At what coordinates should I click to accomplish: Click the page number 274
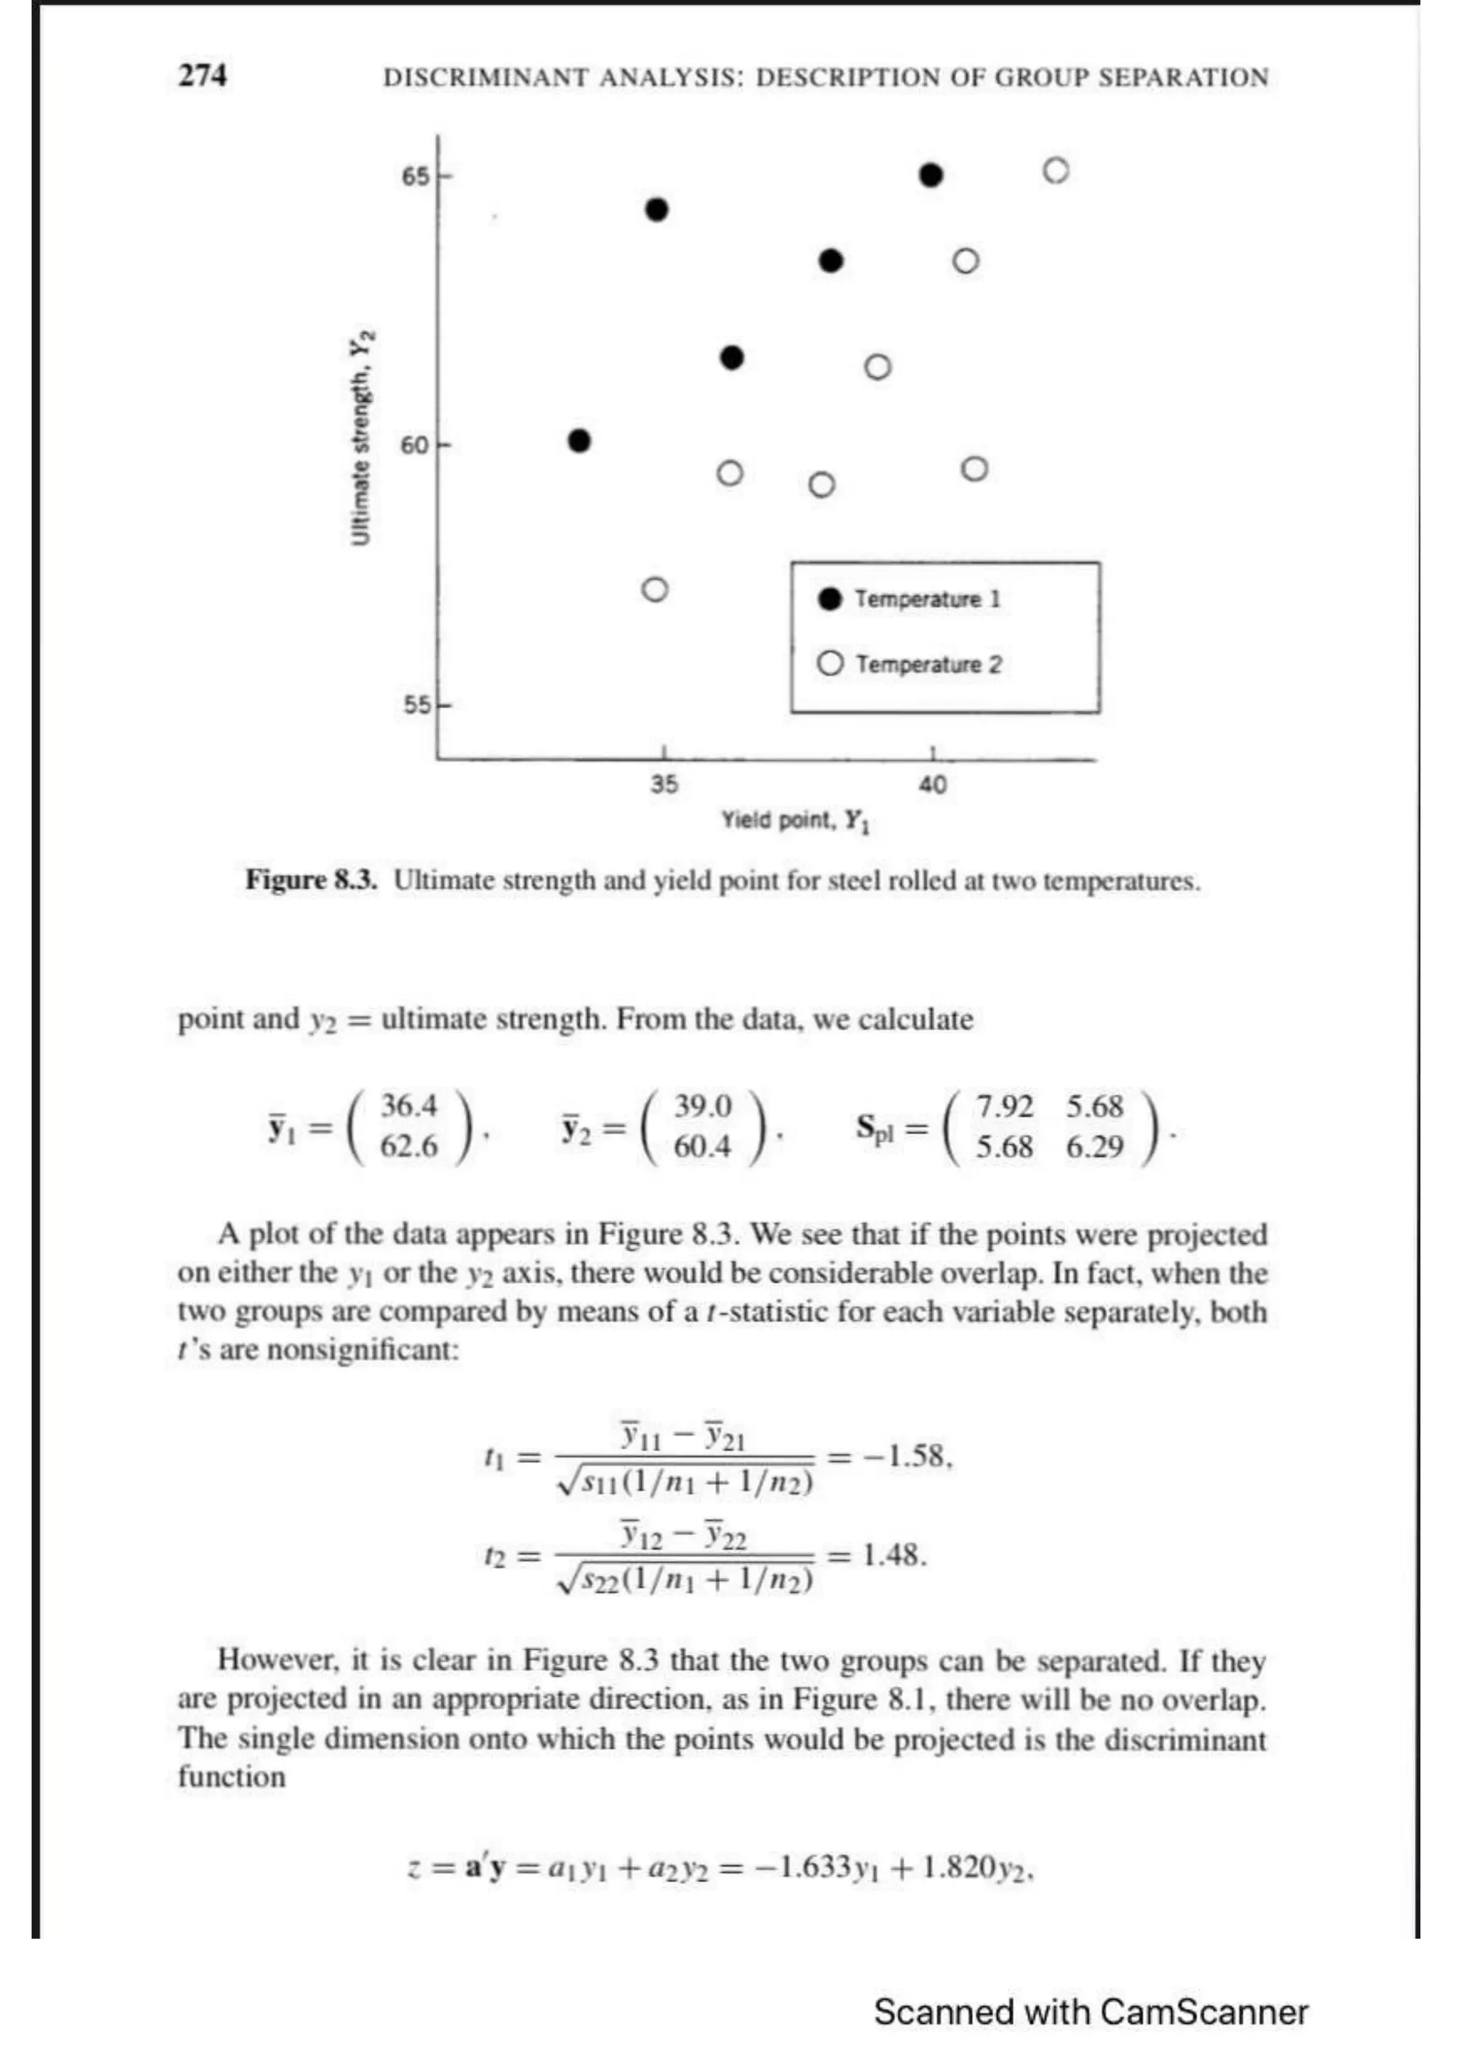tap(202, 75)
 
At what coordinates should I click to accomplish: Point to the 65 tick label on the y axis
tap(415, 177)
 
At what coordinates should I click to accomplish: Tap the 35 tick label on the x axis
tap(664, 784)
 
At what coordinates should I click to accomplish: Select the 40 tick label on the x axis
tap(932, 784)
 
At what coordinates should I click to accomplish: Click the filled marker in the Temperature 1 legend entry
tap(830, 599)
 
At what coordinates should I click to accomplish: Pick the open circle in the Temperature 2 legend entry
tap(830, 664)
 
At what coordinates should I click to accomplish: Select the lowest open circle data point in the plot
tap(655, 590)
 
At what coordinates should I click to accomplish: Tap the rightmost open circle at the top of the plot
tap(1056, 171)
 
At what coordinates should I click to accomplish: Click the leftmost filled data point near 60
tap(580, 441)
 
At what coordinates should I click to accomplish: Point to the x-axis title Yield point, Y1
tap(795, 821)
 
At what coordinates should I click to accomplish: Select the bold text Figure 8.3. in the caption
tap(312, 880)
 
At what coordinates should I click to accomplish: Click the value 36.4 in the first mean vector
tap(408, 1106)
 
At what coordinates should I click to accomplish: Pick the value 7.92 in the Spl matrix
tap(1005, 1106)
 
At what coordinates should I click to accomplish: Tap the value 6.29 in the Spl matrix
tap(1094, 1146)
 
